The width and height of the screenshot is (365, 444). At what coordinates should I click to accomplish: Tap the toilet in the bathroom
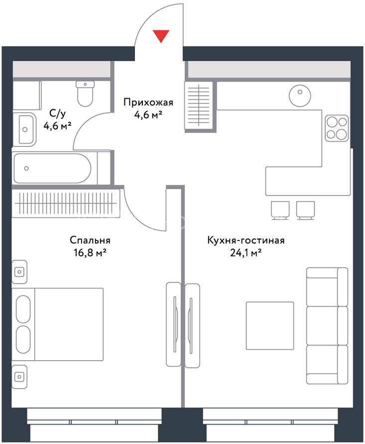click(85, 93)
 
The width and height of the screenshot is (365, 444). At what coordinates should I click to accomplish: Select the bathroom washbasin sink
click(25, 129)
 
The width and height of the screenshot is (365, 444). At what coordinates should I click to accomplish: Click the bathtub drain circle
click(26, 168)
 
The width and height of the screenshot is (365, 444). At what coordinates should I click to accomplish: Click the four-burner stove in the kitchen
click(337, 128)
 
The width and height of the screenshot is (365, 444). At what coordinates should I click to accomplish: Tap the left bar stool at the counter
click(280, 210)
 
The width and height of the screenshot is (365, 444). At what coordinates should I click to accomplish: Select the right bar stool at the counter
click(305, 210)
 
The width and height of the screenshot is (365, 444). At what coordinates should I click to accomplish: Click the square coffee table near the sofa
click(270, 326)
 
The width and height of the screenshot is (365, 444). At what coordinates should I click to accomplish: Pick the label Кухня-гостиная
click(245, 240)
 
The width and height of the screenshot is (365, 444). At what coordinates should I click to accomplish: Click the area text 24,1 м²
click(245, 252)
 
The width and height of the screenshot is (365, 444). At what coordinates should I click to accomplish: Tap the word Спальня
click(90, 240)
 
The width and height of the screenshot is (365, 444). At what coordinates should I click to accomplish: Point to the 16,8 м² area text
click(90, 252)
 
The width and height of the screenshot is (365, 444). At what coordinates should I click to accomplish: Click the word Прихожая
click(148, 102)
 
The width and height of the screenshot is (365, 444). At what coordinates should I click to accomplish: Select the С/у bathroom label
click(57, 114)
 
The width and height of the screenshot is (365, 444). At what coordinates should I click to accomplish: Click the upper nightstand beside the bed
click(19, 272)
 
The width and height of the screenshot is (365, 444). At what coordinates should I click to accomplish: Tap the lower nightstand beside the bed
click(19, 377)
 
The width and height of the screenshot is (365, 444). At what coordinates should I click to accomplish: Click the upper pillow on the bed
click(23, 309)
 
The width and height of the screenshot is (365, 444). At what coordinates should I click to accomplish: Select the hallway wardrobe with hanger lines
click(199, 107)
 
